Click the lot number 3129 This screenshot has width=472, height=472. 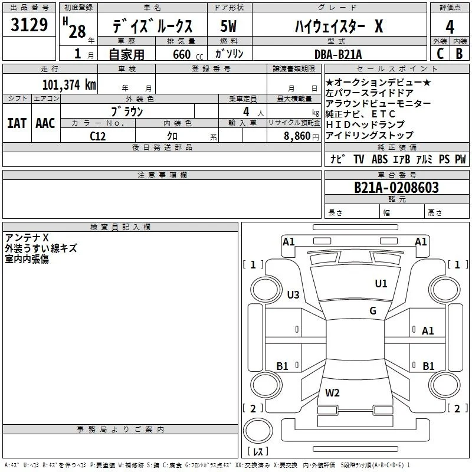tap(29, 24)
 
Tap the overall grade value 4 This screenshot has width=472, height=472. tap(450, 27)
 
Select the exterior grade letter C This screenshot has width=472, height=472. tap(440, 54)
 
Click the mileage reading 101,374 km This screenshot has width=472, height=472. tap(69, 84)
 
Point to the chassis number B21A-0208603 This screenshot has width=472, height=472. tap(396, 187)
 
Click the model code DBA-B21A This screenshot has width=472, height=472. tap(338, 54)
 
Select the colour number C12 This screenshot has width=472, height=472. tap(97, 136)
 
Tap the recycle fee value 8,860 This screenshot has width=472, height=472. tap(297, 136)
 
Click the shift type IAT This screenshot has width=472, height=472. tap(17, 123)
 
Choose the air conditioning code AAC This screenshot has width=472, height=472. tap(45, 123)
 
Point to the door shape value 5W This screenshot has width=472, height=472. tap(228, 26)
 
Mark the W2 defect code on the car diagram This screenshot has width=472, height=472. tap(332, 392)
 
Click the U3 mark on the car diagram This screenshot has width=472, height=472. tap(293, 294)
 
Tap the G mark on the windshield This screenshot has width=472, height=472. tap(373, 310)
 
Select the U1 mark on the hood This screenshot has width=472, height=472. tap(381, 283)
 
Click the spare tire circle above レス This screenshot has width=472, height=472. tap(258, 431)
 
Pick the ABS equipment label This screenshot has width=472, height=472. tap(379, 159)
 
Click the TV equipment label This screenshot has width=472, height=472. tap(359, 159)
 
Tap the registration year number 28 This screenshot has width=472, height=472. tap(77, 31)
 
